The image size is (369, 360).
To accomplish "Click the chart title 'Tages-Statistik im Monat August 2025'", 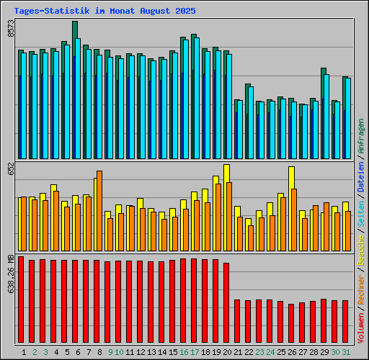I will pos(105,12).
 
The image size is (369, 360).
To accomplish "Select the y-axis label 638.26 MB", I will pos(10,273).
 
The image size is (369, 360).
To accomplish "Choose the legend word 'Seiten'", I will pos(360,210).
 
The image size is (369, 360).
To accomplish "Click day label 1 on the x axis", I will pos(25,352).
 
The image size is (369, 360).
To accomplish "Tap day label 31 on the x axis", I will pos(347,352).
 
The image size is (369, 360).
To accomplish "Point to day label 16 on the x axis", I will pos(184,352).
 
